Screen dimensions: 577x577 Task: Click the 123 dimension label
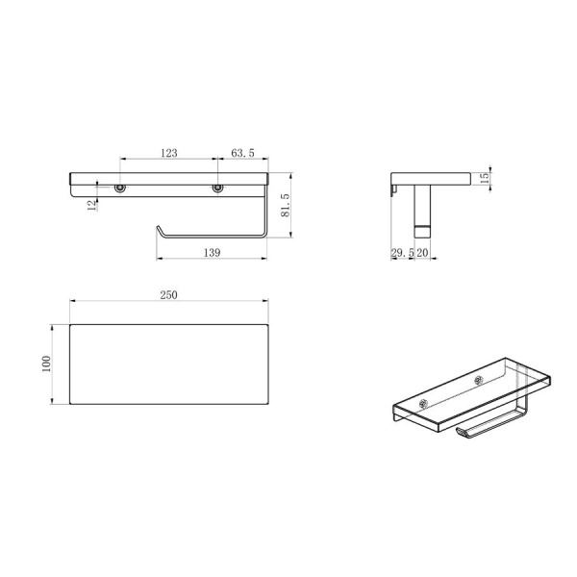[169, 153]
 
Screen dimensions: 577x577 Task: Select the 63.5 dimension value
[242, 153]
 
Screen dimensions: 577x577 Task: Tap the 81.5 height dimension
[286, 205]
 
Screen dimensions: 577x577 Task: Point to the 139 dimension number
[212, 252]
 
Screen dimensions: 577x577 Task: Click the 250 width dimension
[169, 295]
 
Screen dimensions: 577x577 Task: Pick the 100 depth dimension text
[46, 364]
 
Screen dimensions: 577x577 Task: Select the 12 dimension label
[92, 205]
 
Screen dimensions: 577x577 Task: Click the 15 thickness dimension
[485, 178]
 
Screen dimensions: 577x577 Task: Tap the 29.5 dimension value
[402, 253]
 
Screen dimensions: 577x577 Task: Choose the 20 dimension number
[422, 253]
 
